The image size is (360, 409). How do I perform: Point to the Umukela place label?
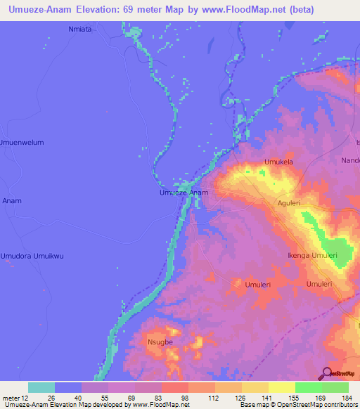[x=278, y=162]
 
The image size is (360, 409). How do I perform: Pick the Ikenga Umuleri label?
[x=313, y=256]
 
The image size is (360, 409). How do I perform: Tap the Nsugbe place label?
[x=160, y=344]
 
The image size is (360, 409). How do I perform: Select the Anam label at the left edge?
[x=12, y=201]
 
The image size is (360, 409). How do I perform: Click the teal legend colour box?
[x=41, y=387]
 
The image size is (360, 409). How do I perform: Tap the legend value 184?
[x=345, y=398]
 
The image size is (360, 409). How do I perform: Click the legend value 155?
[x=292, y=398]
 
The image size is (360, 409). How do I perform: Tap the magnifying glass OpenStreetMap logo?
[x=326, y=373]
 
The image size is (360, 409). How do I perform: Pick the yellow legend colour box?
[x=281, y=387]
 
